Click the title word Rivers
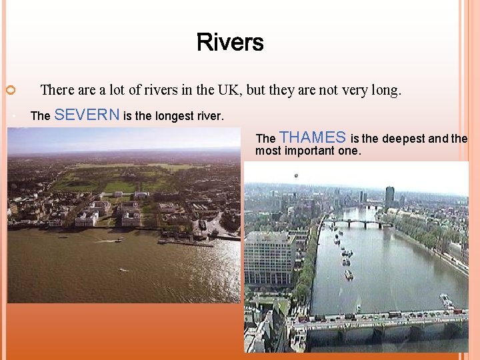pos(230,43)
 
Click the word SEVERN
pos(87,115)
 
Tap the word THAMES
pos(313,137)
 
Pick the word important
pos(322,151)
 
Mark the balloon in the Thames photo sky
pos(296,176)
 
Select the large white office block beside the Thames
pos(269,257)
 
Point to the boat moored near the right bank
pos(445,301)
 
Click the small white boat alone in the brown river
pos(122,270)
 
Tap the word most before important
pos(269,151)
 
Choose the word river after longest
pos(211,116)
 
